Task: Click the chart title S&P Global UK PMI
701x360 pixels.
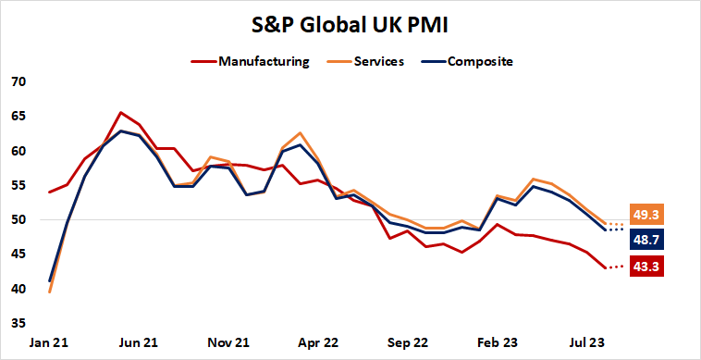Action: click(350, 22)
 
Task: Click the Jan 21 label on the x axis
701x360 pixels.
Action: click(48, 342)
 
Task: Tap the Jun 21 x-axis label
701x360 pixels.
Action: click(139, 342)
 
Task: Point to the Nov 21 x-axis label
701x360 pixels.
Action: click(229, 342)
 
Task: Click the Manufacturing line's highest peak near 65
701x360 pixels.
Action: click(121, 113)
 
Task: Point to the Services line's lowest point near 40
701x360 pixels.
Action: click(49, 292)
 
